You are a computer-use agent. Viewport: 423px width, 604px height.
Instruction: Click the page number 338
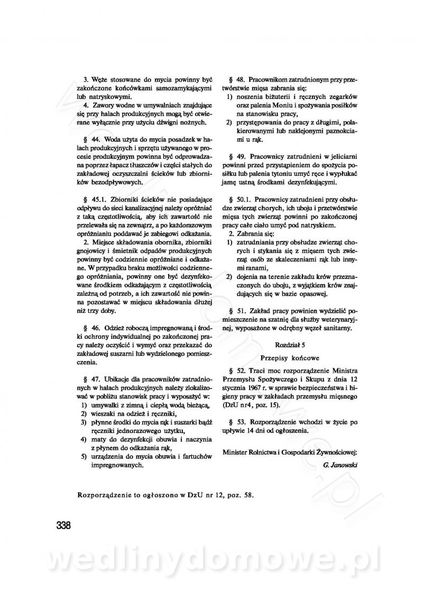62,526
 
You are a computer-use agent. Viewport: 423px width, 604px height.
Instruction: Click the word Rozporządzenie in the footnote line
103,496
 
